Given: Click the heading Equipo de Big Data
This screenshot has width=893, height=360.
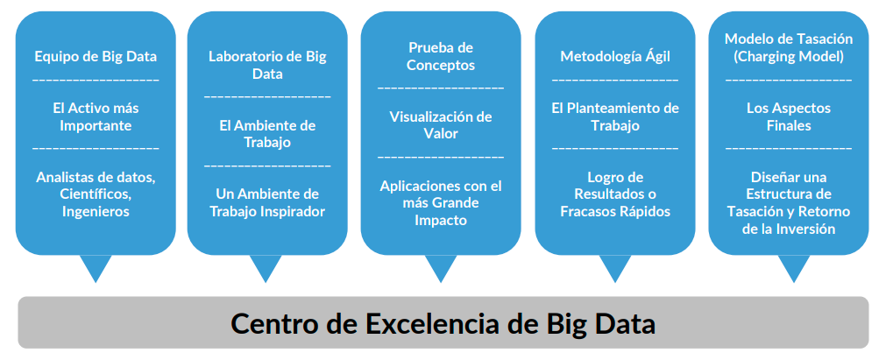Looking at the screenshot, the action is (x=96, y=57).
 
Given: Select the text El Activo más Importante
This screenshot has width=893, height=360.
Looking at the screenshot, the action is (x=96, y=116).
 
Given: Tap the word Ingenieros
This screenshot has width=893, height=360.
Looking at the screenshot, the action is (x=96, y=211).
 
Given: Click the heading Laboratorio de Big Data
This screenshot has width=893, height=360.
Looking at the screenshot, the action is (x=267, y=66).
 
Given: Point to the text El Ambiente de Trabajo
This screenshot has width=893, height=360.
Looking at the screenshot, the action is (x=267, y=134).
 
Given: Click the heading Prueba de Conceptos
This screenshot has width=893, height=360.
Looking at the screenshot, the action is (x=441, y=56).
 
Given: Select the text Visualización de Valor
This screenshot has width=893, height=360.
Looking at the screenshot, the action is (x=441, y=125).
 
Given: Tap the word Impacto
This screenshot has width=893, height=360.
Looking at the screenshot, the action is (x=441, y=221).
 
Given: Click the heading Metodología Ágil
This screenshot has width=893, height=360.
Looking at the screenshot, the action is (x=615, y=57).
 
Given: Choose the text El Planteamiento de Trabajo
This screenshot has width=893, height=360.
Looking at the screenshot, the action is (x=615, y=116).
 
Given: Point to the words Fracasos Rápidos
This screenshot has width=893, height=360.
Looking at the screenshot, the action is (x=615, y=211).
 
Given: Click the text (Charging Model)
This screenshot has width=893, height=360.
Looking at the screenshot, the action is (x=789, y=58).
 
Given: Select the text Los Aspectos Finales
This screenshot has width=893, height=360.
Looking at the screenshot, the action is (x=789, y=116).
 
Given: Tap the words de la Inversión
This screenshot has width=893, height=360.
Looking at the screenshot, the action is (x=789, y=229).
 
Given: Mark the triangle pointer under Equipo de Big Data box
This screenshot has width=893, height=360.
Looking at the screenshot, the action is (x=96, y=268).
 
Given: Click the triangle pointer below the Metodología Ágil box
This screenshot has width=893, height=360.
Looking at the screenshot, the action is (x=615, y=268).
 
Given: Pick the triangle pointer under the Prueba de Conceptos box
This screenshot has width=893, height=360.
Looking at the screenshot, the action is (x=441, y=268).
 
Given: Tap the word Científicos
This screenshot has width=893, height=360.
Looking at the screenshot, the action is (x=96, y=194).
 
